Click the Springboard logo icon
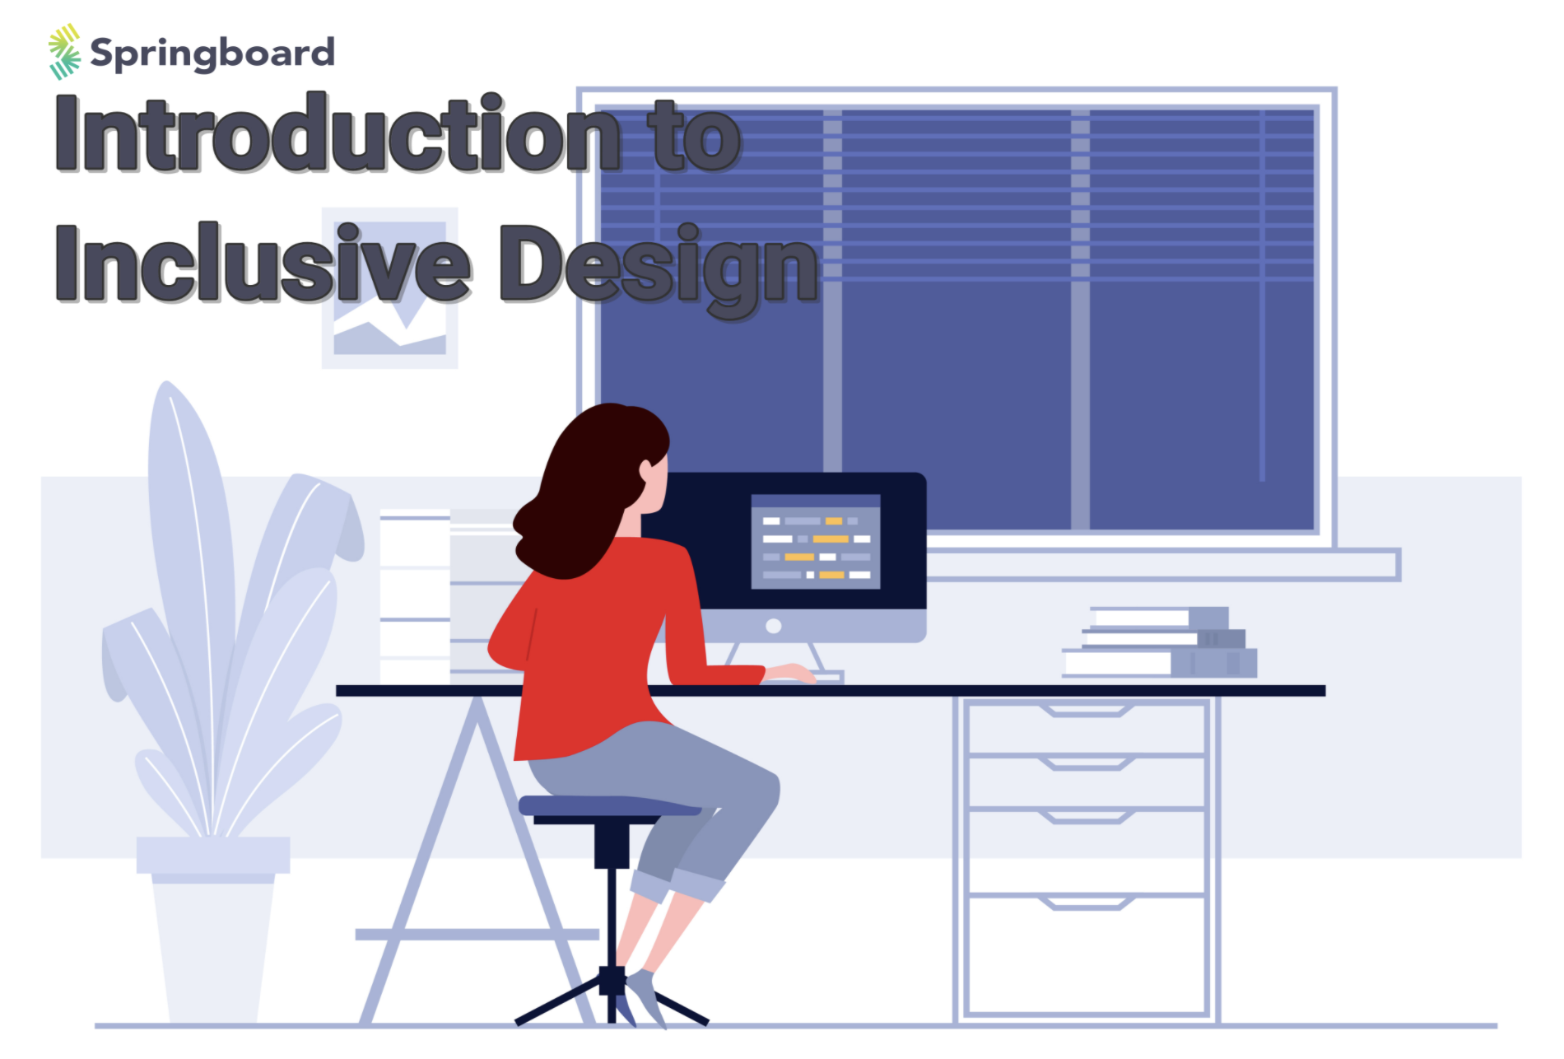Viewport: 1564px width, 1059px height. click(x=64, y=51)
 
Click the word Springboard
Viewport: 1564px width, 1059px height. click(x=212, y=54)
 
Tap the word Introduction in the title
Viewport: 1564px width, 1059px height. click(x=337, y=133)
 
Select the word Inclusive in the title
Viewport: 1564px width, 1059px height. click(x=263, y=264)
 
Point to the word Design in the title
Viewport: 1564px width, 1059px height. click(x=659, y=265)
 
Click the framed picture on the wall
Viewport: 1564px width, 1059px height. click(x=389, y=329)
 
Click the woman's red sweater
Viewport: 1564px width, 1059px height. click(x=593, y=651)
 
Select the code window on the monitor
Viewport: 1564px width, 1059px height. click(x=815, y=541)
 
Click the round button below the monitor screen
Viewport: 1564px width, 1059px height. click(x=773, y=626)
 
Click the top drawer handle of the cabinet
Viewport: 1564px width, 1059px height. click(x=1087, y=710)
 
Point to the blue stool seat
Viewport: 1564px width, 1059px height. click(x=609, y=805)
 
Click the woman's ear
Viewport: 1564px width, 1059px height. click(x=647, y=471)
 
